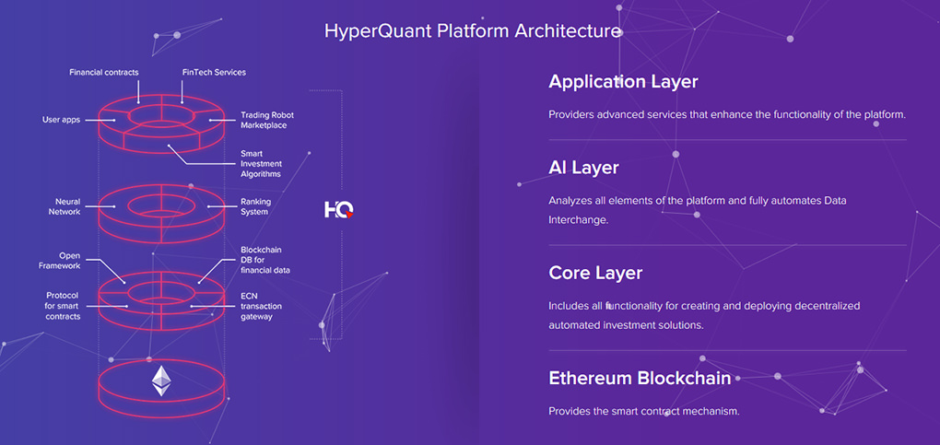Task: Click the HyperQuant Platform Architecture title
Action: coord(473,31)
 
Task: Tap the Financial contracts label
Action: coord(104,73)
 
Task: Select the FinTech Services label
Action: coord(214,73)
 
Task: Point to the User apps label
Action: coord(61,120)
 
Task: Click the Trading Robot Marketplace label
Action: coord(267,120)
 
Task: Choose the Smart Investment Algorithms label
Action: coord(262,164)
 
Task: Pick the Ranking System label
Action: coord(254,206)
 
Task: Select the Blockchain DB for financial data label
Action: coord(265,260)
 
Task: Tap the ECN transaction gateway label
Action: coord(261,306)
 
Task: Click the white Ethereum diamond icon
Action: coord(160,381)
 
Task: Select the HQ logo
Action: coord(339,209)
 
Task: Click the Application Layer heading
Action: coord(623,82)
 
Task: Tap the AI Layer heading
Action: coord(583,168)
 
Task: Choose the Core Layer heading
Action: coord(595,274)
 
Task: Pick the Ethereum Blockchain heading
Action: coord(640,379)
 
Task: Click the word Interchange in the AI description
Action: coord(579,220)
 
